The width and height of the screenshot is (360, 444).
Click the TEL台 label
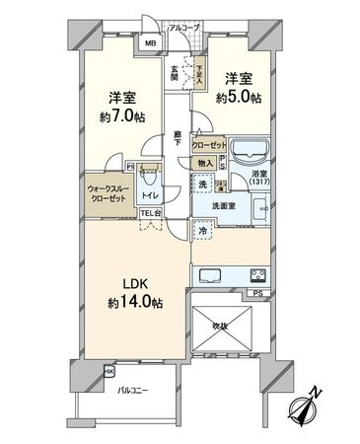click(x=150, y=214)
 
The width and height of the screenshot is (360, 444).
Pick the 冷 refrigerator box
click(x=202, y=233)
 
